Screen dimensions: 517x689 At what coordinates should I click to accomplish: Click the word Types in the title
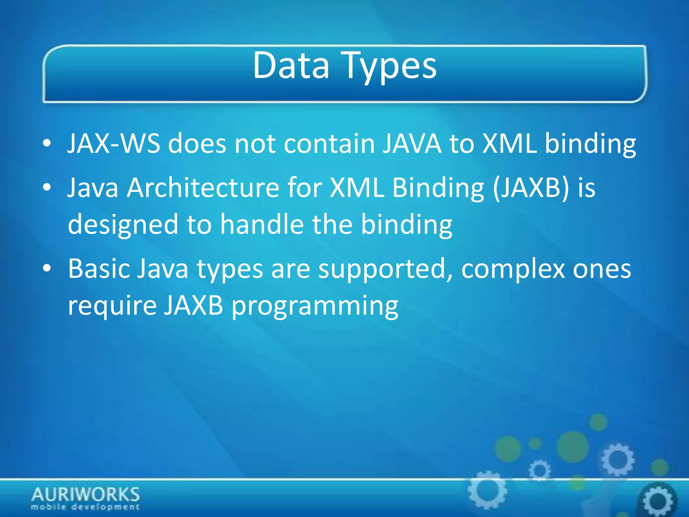pyautogui.click(x=390, y=67)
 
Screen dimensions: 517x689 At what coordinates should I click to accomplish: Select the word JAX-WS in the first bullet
pyautogui.click(x=114, y=144)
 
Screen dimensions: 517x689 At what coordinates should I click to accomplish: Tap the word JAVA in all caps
pyautogui.click(x=412, y=144)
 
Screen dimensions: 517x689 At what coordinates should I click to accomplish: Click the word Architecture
pyautogui.click(x=203, y=188)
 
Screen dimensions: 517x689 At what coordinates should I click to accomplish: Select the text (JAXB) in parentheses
pyautogui.click(x=531, y=188)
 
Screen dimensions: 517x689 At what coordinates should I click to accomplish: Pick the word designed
pyautogui.click(x=123, y=225)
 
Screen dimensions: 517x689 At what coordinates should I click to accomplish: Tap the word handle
pyautogui.click(x=262, y=224)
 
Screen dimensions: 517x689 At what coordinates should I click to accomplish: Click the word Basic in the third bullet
pyautogui.click(x=99, y=269)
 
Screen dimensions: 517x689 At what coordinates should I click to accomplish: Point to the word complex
pyautogui.click(x=513, y=269)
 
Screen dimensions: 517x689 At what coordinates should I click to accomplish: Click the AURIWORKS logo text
pyautogui.click(x=85, y=494)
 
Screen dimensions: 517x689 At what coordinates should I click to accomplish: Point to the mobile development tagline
pyautogui.click(x=85, y=507)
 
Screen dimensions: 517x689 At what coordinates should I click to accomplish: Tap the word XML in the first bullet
pyautogui.click(x=509, y=144)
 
